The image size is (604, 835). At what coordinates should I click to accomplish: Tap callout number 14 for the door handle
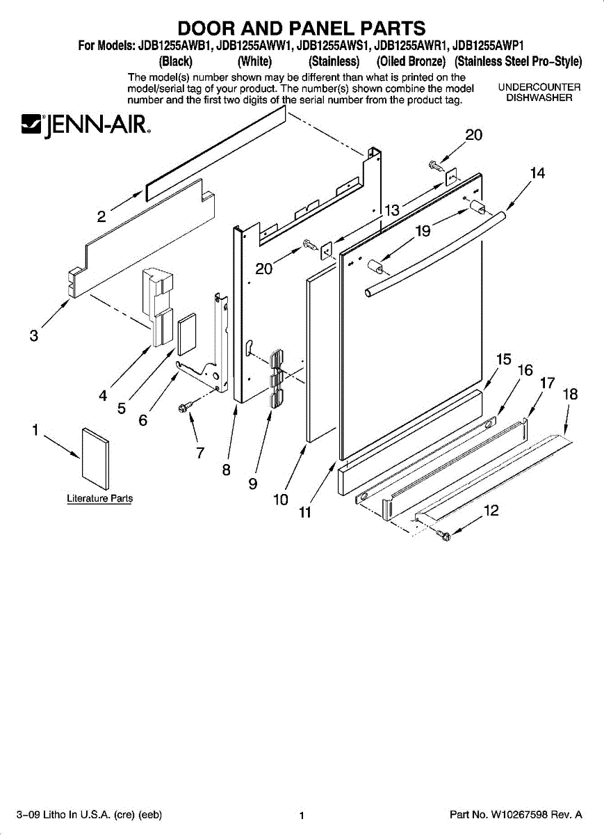pyautogui.click(x=537, y=173)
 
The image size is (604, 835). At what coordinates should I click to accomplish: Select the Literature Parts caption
pyautogui.click(x=99, y=498)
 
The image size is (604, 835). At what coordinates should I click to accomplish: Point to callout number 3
pyautogui.click(x=33, y=336)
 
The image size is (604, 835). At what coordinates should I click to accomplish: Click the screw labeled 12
pyautogui.click(x=443, y=534)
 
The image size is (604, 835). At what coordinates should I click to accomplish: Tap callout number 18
pyautogui.click(x=570, y=395)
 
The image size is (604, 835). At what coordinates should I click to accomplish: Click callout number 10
pyautogui.click(x=280, y=499)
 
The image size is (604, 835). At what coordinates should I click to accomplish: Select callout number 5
pyautogui.click(x=122, y=409)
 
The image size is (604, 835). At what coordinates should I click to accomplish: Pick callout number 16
pyautogui.click(x=525, y=370)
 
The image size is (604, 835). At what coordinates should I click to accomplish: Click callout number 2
pyautogui.click(x=101, y=216)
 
